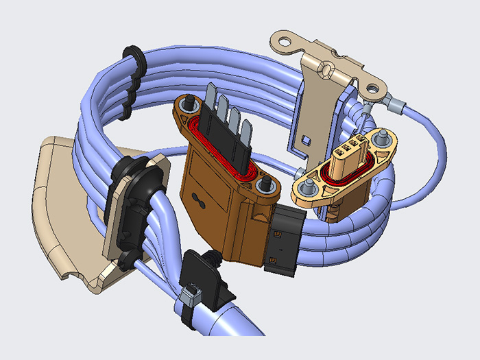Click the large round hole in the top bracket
pyautogui.click(x=372, y=88)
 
